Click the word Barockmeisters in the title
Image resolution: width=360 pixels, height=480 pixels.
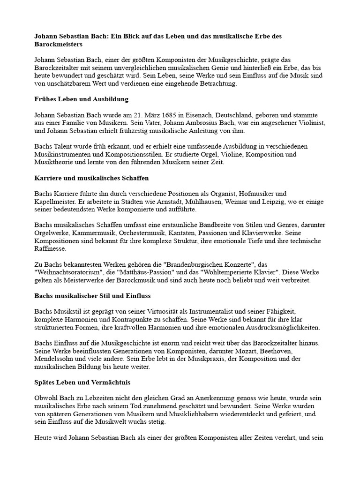[59, 44]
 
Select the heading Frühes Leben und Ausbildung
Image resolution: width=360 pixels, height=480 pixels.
[81, 99]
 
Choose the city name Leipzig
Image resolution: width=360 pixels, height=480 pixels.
[265, 201]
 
